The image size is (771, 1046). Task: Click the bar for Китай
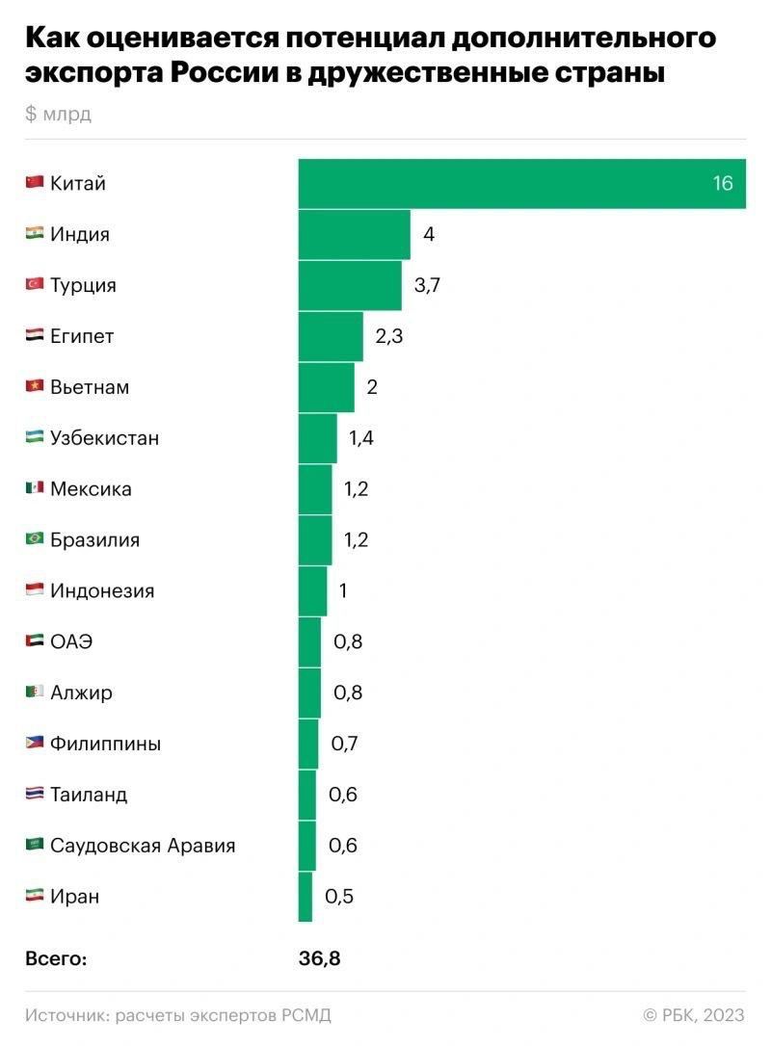520,183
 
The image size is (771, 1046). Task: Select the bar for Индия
354,234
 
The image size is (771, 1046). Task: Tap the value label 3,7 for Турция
426,285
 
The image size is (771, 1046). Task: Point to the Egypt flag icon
35,336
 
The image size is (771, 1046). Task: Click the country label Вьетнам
89,387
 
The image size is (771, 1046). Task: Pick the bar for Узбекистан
318,438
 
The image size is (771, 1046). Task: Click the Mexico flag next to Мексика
35,488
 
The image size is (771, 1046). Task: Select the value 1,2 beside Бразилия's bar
356,539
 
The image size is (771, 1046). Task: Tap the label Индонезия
101,590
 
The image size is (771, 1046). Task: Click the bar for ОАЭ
309,641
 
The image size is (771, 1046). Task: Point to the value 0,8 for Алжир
348,693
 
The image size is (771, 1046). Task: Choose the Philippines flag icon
35,743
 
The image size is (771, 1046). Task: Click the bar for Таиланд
307,795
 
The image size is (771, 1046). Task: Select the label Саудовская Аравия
143,846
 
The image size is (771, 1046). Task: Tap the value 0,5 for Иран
339,897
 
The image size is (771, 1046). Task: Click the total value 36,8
320,958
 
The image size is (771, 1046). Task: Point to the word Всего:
56,958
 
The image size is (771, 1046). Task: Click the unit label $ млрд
58,115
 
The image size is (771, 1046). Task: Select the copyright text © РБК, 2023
694,1014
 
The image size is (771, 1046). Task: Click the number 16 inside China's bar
723,183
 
